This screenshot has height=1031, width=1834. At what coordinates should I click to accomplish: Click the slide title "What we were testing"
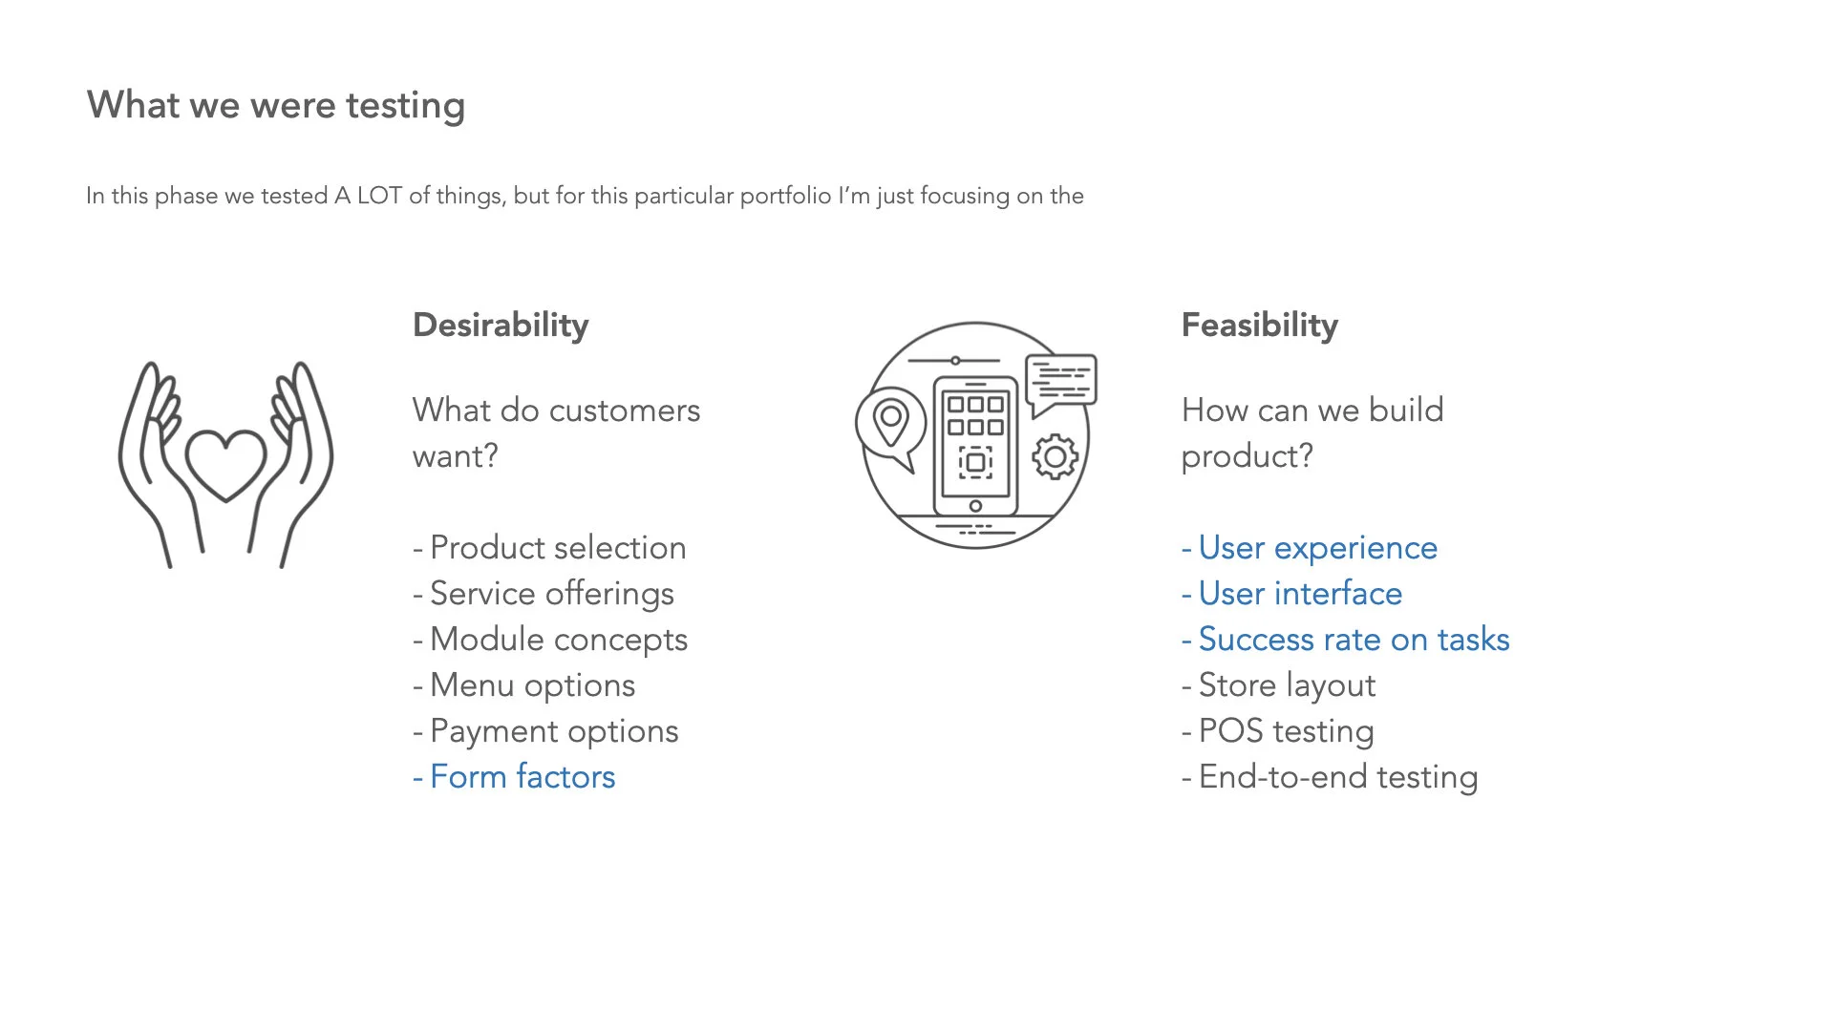tap(276, 105)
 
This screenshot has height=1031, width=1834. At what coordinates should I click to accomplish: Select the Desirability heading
tap(501, 326)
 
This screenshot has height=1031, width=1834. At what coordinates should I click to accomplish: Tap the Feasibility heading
tap(1260, 326)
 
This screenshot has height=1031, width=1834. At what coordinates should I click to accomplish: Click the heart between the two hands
tap(225, 463)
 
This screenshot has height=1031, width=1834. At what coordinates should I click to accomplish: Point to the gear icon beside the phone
tap(1056, 457)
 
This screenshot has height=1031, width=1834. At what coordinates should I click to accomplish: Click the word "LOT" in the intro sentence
tap(379, 196)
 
